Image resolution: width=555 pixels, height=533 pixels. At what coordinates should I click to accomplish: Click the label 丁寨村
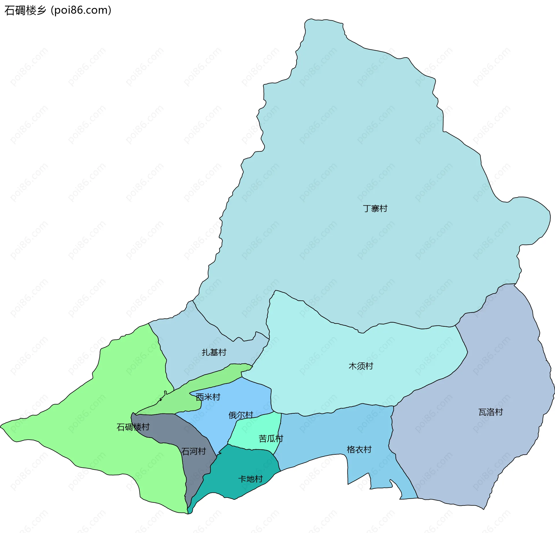tap(375, 209)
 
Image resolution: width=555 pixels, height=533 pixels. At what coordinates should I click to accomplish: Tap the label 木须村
tap(361, 366)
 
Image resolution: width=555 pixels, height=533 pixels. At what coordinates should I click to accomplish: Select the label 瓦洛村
tap(491, 412)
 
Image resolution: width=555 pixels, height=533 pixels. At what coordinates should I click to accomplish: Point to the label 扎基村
tap(214, 352)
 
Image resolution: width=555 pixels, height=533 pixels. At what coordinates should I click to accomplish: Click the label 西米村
tap(208, 397)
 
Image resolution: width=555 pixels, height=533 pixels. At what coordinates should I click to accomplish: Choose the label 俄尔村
tap(241, 415)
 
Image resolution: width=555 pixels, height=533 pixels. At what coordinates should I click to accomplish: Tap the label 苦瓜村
tap(271, 439)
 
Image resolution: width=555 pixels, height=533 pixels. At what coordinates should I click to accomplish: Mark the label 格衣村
tap(359, 450)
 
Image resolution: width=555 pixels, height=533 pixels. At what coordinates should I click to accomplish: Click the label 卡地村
tap(250, 479)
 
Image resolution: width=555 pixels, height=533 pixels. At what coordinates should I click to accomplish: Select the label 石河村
tap(193, 451)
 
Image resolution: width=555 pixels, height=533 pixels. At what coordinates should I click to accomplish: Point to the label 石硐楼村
tap(133, 427)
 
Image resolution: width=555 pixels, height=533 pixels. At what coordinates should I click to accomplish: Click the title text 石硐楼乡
tap(25, 10)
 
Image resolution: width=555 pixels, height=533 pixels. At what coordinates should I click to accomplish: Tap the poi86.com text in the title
tap(81, 10)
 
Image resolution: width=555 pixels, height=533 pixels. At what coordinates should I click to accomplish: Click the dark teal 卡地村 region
tap(237, 465)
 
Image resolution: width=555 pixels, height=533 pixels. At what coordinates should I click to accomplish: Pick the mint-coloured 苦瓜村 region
tap(254, 428)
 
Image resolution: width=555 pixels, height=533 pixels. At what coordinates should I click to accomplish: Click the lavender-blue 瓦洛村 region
tap(477, 448)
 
